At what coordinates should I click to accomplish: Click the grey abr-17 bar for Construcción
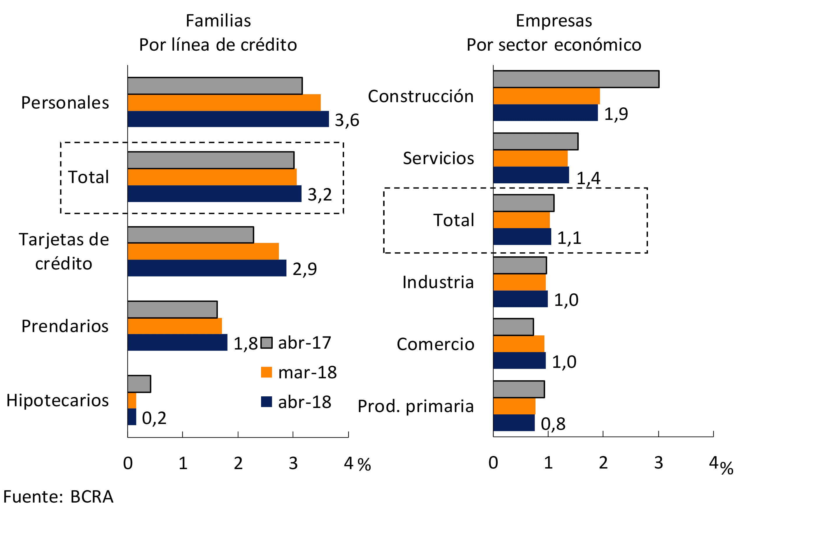point(576,79)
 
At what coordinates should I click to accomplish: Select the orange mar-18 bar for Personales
point(224,103)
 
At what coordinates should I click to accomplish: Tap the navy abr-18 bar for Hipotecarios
point(132,417)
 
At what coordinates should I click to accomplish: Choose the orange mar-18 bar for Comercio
point(519,344)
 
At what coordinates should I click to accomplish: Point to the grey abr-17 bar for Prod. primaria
point(519,389)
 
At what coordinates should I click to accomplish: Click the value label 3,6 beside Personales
point(347,120)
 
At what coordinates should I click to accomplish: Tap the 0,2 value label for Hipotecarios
point(154,418)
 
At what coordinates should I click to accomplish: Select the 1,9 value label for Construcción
point(616,114)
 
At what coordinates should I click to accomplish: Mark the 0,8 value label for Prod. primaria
point(553,424)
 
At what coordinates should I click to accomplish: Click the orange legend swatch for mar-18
point(267,372)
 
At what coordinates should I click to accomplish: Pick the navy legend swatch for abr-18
point(267,402)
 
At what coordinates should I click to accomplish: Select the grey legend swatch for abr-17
point(267,343)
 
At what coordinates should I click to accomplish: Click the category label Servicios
point(438,159)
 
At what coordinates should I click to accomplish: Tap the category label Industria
point(438,282)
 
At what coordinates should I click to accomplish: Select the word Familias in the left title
point(218,21)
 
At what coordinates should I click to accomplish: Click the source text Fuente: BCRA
point(58,497)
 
